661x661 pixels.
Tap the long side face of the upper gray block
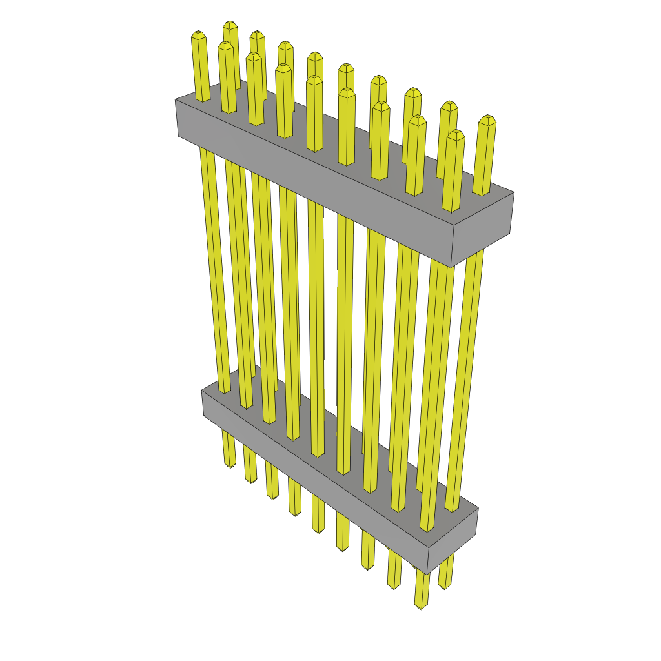[310, 187]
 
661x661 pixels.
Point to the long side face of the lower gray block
[310, 481]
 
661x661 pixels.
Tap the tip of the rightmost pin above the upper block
[487, 119]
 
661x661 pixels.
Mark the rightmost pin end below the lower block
[444, 585]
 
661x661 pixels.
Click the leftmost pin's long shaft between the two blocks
[216, 271]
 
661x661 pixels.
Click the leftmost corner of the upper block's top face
[176, 99]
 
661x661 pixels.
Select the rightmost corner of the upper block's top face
[514, 192]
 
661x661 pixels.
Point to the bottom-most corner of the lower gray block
[427, 574]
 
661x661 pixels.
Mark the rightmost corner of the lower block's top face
[478, 509]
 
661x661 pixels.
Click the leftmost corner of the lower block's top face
[202, 391]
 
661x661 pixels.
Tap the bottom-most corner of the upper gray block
[451, 267]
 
